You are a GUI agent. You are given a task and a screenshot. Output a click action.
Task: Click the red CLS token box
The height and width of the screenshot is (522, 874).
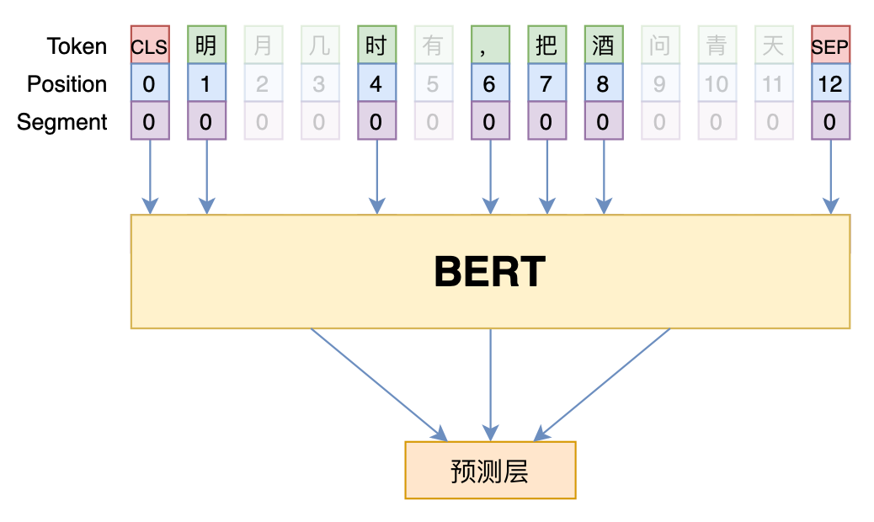(150, 45)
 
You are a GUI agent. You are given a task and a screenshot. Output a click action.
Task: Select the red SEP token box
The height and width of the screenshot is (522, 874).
(830, 45)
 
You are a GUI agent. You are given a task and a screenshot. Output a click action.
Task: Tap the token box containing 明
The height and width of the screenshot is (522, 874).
(206, 45)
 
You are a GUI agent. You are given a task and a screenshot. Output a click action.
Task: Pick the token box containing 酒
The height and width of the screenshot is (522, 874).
(604, 45)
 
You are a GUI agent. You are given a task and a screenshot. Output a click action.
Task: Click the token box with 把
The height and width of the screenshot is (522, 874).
(546, 45)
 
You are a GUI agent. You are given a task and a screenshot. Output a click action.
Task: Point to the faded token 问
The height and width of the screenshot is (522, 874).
(660, 45)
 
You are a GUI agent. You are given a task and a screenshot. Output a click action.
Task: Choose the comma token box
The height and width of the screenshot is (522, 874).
(490, 45)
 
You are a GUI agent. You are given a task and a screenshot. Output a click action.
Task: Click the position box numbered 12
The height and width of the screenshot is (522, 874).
(830, 84)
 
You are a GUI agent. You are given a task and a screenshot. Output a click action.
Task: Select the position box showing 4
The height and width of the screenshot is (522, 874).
(376, 84)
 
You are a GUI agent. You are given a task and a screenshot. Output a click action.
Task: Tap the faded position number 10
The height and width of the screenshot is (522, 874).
(717, 84)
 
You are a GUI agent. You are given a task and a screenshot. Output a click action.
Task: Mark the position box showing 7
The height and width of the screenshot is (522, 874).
(546, 84)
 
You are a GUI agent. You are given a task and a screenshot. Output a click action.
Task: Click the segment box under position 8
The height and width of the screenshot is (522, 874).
(604, 122)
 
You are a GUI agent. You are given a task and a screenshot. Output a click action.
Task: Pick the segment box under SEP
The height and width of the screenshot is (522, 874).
(830, 122)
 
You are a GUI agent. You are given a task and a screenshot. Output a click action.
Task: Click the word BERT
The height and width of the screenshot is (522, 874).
(490, 272)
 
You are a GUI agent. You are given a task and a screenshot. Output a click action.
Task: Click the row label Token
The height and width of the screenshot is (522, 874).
(77, 46)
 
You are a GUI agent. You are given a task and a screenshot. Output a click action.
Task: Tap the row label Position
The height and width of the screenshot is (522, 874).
(67, 84)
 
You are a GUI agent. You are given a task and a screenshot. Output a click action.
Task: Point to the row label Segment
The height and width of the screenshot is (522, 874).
(62, 122)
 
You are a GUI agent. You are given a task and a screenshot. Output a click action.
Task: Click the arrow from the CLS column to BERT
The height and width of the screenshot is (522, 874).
(150, 177)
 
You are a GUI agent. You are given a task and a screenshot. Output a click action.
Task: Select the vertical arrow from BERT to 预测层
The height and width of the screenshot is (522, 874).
(490, 383)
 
